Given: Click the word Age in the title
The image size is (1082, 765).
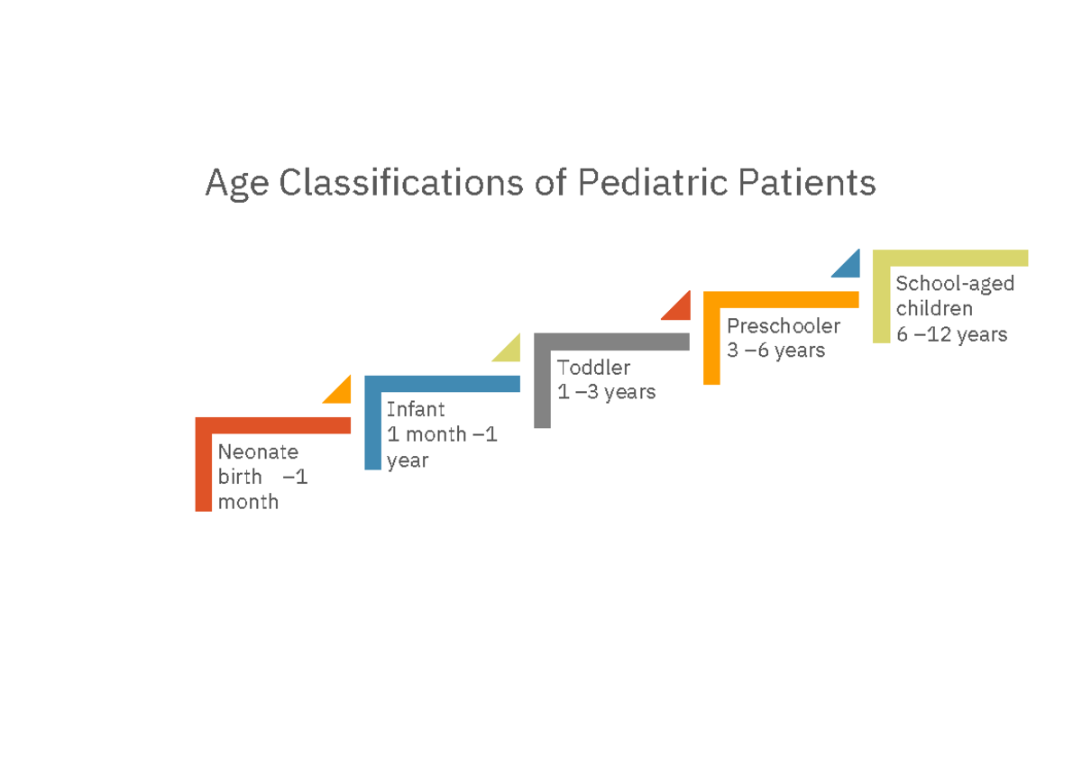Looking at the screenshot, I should point(237,184).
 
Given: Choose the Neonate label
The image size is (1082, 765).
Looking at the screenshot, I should point(258,451).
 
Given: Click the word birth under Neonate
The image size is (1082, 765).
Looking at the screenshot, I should point(240,477).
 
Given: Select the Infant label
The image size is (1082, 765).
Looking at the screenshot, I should point(416,410).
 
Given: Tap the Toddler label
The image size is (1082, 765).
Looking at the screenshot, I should point(593,368).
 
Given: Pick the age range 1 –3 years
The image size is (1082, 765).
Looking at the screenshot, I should point(606,393).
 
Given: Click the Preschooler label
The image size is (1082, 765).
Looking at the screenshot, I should point(784,325).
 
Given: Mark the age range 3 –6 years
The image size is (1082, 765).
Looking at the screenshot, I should point(775,351).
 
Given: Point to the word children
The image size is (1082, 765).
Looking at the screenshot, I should point(934,309).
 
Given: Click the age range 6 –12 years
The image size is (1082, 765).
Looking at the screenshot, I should point(951,334).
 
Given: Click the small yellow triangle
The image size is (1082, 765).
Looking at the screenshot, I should point(510,351).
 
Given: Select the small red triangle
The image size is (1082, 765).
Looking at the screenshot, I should point(680,309).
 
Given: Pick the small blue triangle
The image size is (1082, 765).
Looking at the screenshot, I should point(849,267).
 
